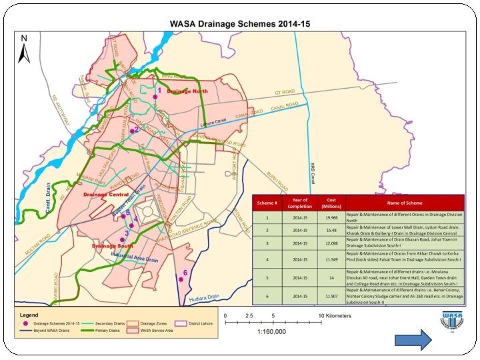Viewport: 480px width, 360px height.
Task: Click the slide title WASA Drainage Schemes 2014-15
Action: click(240, 23)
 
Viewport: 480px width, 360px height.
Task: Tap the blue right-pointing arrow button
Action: click(413, 341)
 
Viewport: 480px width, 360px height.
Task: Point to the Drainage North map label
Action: click(187, 91)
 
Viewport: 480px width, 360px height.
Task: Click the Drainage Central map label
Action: click(106, 194)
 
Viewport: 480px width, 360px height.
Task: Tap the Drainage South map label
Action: click(113, 246)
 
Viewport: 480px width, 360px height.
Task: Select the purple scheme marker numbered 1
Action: click(155, 97)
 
